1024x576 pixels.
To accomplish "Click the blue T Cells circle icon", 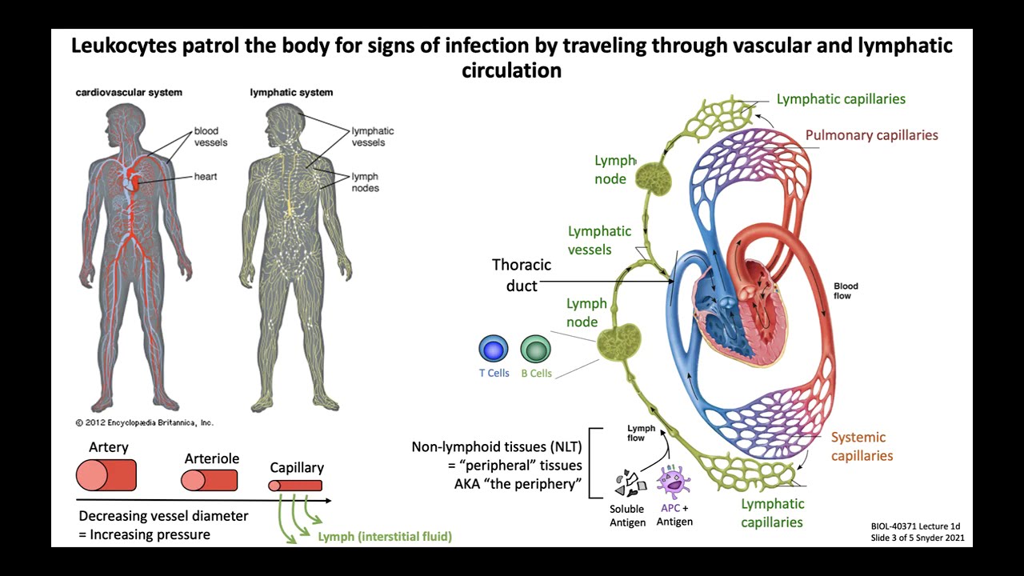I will tap(494, 350).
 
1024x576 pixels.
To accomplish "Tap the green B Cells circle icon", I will tap(536, 350).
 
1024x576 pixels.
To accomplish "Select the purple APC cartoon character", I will tap(674, 483).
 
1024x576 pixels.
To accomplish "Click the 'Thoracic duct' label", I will tap(522, 274).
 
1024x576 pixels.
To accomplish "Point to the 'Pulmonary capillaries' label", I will tap(871, 135).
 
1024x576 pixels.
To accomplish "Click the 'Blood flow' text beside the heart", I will tap(846, 290).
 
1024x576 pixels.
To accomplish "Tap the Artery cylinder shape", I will tap(106, 475).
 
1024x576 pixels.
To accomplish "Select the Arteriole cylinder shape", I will tap(210, 480).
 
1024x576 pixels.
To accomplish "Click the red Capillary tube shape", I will tap(295, 486).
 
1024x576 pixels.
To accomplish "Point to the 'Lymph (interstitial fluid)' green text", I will tap(385, 537).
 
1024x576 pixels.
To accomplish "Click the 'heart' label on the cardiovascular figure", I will tap(206, 176).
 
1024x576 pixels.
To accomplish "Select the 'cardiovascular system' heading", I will tap(129, 92).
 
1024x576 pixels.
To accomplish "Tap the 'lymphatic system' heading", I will tap(291, 92).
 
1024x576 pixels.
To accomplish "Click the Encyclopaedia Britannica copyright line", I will tap(145, 422).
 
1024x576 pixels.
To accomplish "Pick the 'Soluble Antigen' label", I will tap(627, 516).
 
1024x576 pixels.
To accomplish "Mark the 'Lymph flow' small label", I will tap(641, 433).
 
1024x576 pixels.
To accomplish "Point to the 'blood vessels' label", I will tap(210, 137).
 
